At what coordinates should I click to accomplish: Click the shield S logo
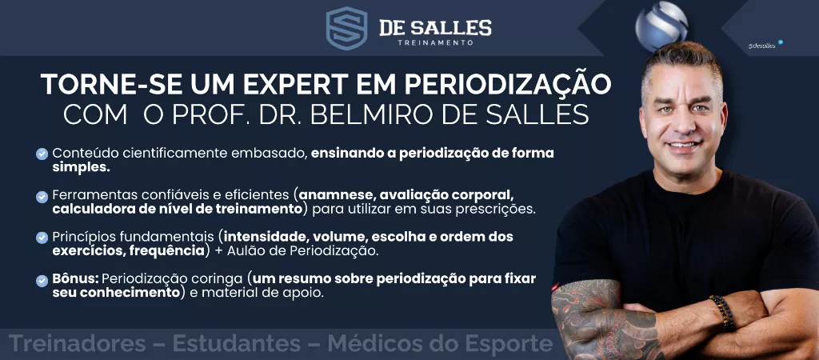click(x=346, y=28)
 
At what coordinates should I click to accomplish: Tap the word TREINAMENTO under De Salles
click(x=436, y=42)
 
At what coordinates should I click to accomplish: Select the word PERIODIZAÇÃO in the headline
click(x=505, y=84)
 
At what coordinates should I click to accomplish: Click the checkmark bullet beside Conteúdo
click(x=42, y=154)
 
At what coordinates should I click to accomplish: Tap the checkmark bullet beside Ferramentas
click(x=42, y=197)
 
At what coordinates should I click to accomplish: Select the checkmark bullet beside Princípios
click(x=42, y=238)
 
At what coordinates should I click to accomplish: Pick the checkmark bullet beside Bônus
click(x=42, y=281)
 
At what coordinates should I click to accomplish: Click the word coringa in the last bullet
click(x=217, y=279)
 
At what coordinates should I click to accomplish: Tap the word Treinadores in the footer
click(x=78, y=344)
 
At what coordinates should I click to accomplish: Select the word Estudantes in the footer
click(x=237, y=344)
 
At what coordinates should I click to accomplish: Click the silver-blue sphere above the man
click(x=661, y=26)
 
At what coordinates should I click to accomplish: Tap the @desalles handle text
click(x=761, y=46)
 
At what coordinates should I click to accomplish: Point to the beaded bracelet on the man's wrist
click(x=722, y=313)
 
